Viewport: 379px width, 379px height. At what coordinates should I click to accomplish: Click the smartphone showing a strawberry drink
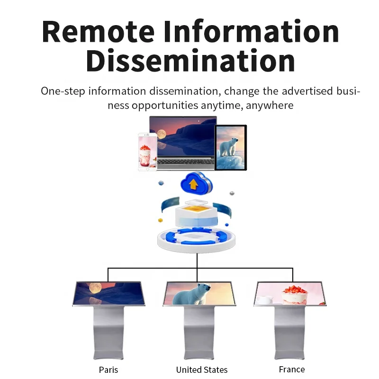click(x=147, y=151)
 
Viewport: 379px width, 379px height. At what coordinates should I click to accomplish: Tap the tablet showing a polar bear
click(x=231, y=147)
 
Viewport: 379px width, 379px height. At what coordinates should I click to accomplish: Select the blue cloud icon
click(x=194, y=183)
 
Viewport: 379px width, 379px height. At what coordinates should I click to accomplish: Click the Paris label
click(x=108, y=369)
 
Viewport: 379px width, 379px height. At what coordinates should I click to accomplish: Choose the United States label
click(x=201, y=370)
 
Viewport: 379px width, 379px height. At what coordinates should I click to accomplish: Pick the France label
click(x=292, y=369)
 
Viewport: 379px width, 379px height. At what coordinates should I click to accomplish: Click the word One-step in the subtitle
click(x=63, y=91)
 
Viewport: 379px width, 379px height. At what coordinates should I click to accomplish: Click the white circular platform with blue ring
click(x=197, y=239)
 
